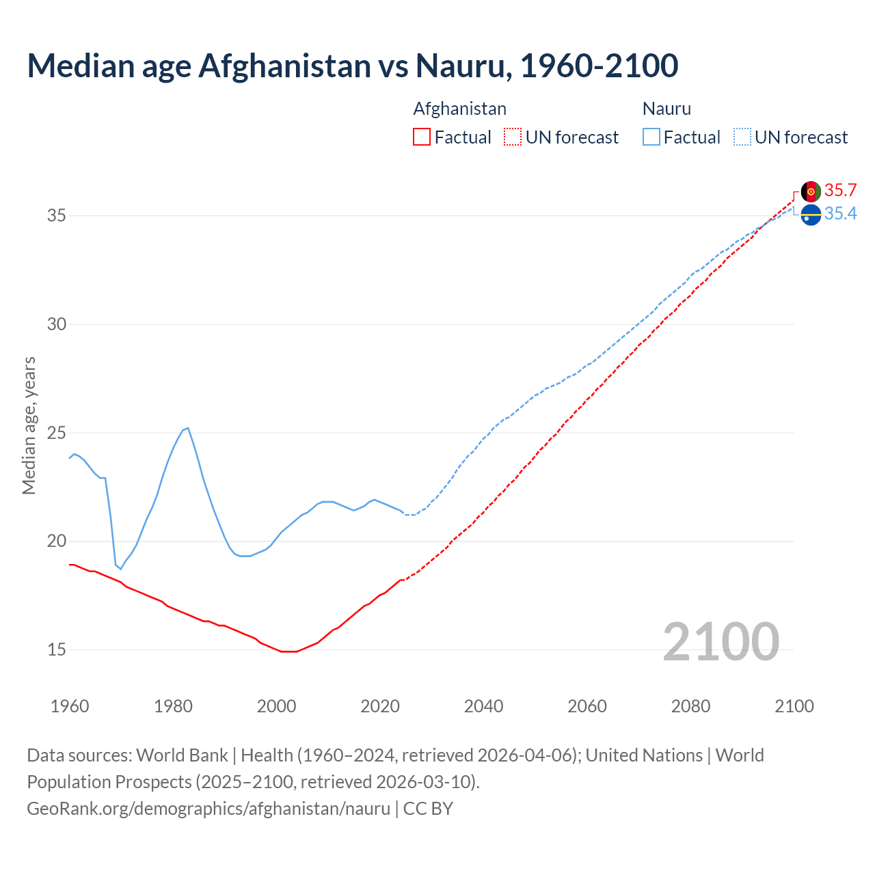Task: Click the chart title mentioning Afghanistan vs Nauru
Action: (352, 66)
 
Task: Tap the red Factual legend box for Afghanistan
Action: (422, 137)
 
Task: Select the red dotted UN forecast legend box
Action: (512, 137)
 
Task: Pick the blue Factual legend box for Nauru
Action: (651, 137)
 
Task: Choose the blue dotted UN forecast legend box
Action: (742, 137)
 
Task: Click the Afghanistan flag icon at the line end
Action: (811, 191)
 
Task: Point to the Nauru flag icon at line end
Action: (811, 215)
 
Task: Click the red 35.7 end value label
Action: (840, 190)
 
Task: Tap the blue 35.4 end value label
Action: (840, 214)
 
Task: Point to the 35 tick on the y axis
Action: (56, 216)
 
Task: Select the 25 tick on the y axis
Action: (56, 433)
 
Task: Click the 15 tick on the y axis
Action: (56, 649)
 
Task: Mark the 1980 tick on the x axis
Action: (173, 706)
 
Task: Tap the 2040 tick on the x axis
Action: (483, 706)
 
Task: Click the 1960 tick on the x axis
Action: (70, 706)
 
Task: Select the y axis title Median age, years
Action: (29, 425)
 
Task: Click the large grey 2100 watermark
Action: (721, 641)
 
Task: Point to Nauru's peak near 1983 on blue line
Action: (187, 428)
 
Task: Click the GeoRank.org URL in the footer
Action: (208, 809)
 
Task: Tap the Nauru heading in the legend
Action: (667, 109)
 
